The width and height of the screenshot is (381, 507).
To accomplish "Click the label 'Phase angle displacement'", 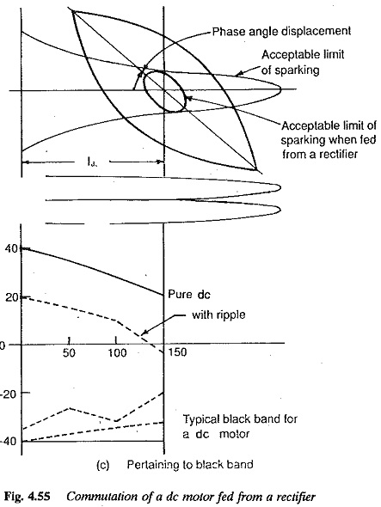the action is (281, 31).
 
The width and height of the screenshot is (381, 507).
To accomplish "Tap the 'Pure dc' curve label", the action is (189, 294).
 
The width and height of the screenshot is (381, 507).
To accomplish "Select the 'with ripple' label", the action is (218, 315).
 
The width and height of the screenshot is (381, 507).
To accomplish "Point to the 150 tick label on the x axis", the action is (177, 351).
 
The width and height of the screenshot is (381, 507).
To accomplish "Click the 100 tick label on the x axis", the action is (117, 352).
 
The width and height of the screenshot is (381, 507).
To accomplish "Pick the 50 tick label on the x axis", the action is (69, 352).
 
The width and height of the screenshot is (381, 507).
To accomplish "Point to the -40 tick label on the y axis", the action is (9, 442).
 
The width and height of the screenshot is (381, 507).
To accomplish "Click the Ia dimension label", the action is (92, 161).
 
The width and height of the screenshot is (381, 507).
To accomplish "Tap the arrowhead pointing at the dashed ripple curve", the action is (144, 332).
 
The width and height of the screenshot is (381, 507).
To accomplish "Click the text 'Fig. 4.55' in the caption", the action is (28, 497).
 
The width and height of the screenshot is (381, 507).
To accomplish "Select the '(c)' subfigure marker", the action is (103, 465).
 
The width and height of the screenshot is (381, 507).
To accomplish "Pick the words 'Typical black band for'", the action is (240, 419).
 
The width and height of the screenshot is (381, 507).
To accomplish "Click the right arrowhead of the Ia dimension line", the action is (160, 162).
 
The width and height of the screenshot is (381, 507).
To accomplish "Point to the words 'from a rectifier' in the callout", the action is (320, 154).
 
